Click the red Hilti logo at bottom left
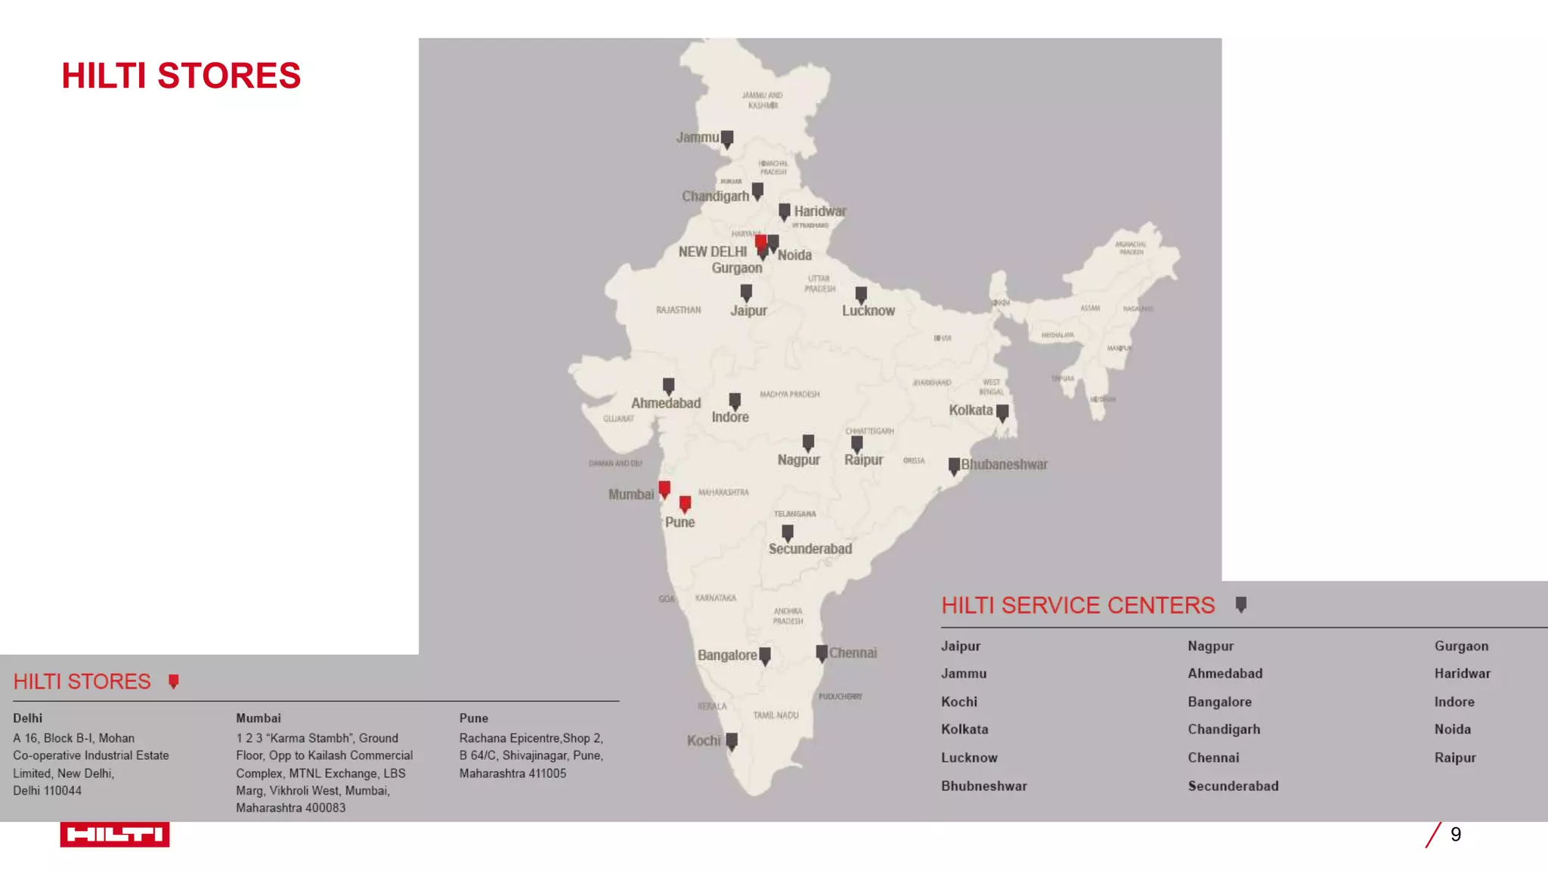point(115,834)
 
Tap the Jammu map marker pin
point(727,139)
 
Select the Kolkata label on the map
point(971,410)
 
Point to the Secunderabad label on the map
point(810,549)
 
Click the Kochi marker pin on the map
point(732,742)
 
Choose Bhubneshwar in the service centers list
point(983,786)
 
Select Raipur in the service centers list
point(1455,758)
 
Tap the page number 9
point(1456,834)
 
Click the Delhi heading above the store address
point(28,718)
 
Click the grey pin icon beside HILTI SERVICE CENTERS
point(1240,605)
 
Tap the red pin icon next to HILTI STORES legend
point(174,682)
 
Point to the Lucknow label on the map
point(868,311)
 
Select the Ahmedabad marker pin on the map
point(668,386)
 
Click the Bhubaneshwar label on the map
point(1004,464)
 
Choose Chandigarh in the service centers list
point(1224,730)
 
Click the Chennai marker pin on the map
point(822,653)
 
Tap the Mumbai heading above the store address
point(259,718)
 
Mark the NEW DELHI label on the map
point(712,252)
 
